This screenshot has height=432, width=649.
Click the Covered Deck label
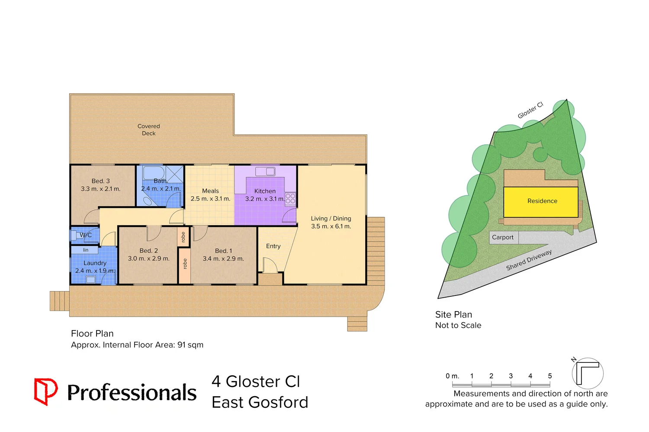(148, 130)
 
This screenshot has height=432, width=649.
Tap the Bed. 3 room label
(100, 181)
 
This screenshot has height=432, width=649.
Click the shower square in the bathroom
(174, 174)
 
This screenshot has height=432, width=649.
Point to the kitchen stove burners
(290, 198)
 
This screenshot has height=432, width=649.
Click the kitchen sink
(265, 172)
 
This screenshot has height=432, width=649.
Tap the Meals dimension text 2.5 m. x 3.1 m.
(210, 199)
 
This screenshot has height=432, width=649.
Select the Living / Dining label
(331, 219)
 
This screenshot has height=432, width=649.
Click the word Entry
(273, 246)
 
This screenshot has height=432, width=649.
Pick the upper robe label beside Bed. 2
(183, 237)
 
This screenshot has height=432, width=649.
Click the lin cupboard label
(86, 250)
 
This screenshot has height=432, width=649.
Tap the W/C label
(86, 235)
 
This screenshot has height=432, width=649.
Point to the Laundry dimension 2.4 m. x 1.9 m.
(95, 271)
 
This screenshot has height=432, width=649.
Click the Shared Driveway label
(529, 260)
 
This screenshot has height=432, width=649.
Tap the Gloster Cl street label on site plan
(530, 110)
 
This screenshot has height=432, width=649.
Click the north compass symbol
(587, 373)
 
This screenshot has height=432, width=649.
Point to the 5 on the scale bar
(550, 376)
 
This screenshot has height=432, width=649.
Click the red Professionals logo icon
(45, 391)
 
